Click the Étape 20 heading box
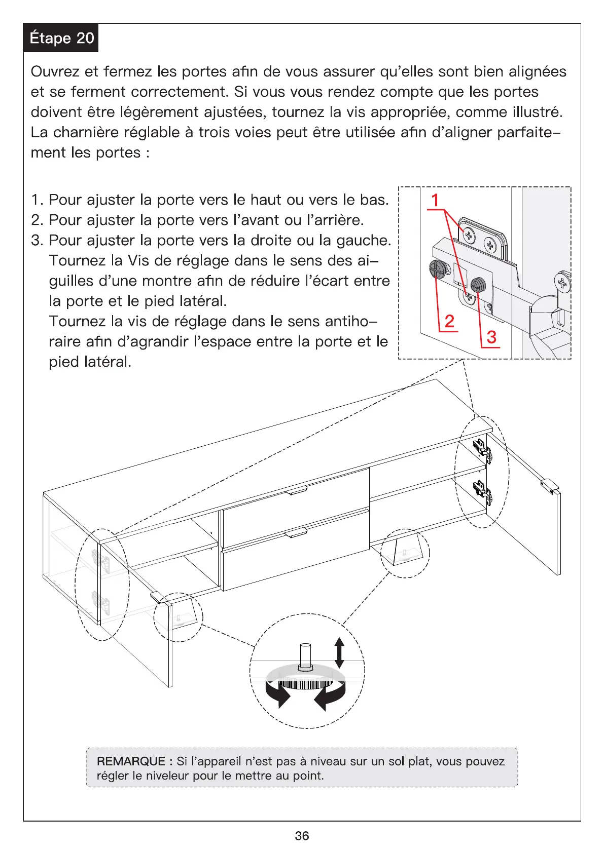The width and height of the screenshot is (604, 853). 61,38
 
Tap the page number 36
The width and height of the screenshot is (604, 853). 302,836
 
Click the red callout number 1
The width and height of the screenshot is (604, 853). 435,200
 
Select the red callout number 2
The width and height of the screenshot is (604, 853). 449,321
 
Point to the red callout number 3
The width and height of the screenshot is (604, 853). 491,337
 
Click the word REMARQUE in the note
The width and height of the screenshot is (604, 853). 131,761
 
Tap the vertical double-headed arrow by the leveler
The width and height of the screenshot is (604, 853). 339,652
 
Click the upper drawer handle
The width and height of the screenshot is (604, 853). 297,490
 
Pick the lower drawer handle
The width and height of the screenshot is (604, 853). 296,533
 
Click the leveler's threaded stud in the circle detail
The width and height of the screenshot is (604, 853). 305,656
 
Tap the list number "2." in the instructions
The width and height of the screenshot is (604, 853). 37,220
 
